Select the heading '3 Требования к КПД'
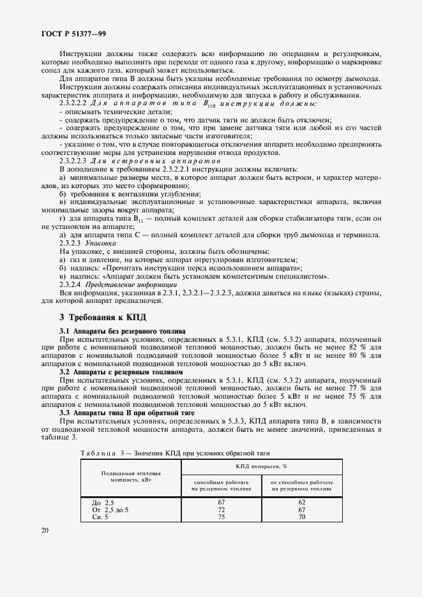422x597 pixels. coord(103,316)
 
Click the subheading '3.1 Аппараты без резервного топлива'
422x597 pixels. coord(122,332)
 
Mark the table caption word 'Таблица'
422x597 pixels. coord(100,453)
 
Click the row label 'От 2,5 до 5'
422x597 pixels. coord(110,510)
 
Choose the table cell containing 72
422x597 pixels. coord(222,510)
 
